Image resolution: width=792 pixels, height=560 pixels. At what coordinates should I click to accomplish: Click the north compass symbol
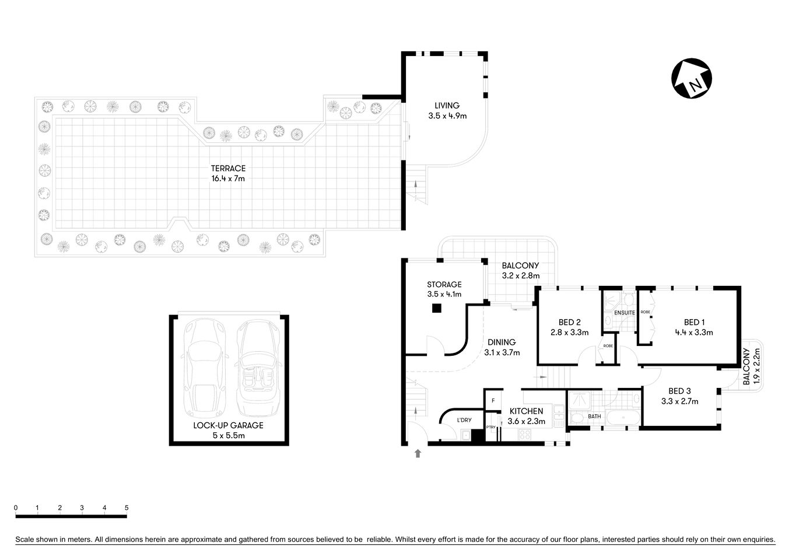click(692, 80)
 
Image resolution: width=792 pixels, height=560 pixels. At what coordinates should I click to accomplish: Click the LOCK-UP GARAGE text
click(228, 425)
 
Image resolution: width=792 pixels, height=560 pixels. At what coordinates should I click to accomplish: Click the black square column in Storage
click(436, 309)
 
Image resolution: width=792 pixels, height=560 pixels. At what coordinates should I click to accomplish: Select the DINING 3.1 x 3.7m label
click(502, 347)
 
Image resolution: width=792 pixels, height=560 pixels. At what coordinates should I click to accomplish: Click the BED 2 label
click(569, 327)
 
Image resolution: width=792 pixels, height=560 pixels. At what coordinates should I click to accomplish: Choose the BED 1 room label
click(694, 327)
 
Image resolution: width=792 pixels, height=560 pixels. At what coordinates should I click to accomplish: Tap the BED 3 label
click(679, 396)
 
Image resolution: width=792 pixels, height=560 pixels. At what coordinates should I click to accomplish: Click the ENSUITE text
click(625, 313)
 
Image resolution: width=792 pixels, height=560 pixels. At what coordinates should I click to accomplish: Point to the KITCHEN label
click(526, 416)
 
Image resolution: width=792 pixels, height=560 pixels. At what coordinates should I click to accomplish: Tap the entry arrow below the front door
click(418, 453)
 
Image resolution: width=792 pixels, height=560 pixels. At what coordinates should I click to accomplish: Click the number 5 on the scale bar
click(127, 508)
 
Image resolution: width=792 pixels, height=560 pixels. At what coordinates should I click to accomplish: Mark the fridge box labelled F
click(493, 401)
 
